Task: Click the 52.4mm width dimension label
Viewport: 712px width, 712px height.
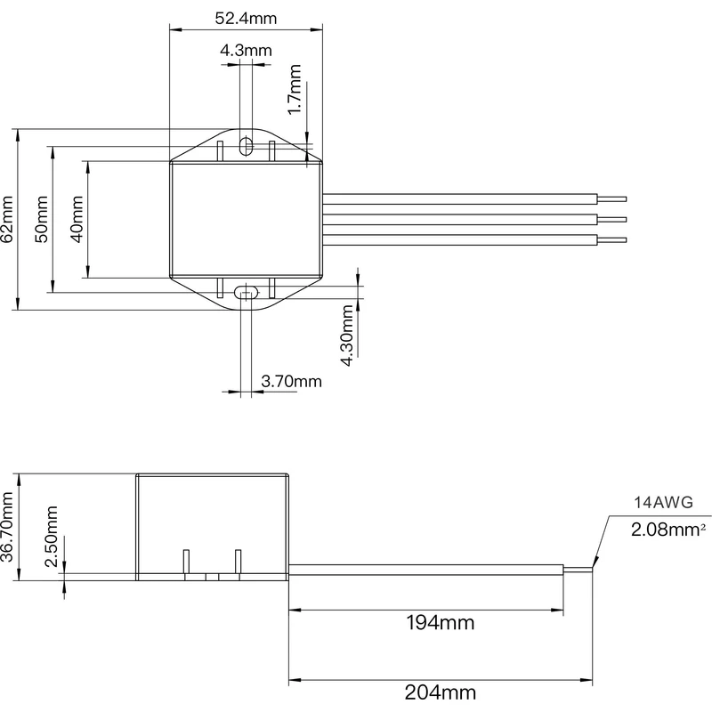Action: pyautogui.click(x=246, y=18)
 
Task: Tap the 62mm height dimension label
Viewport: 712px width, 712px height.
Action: pyautogui.click(x=8, y=219)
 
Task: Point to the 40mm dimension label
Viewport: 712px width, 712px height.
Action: pyautogui.click(x=77, y=219)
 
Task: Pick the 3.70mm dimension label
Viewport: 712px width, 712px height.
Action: pyautogui.click(x=291, y=382)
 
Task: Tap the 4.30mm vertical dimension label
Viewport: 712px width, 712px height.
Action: pyautogui.click(x=348, y=330)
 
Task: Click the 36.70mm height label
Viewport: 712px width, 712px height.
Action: pyautogui.click(x=8, y=527)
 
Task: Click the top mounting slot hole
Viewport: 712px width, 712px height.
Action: pyautogui.click(x=246, y=146)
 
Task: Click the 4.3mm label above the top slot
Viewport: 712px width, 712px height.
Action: pyautogui.click(x=246, y=51)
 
